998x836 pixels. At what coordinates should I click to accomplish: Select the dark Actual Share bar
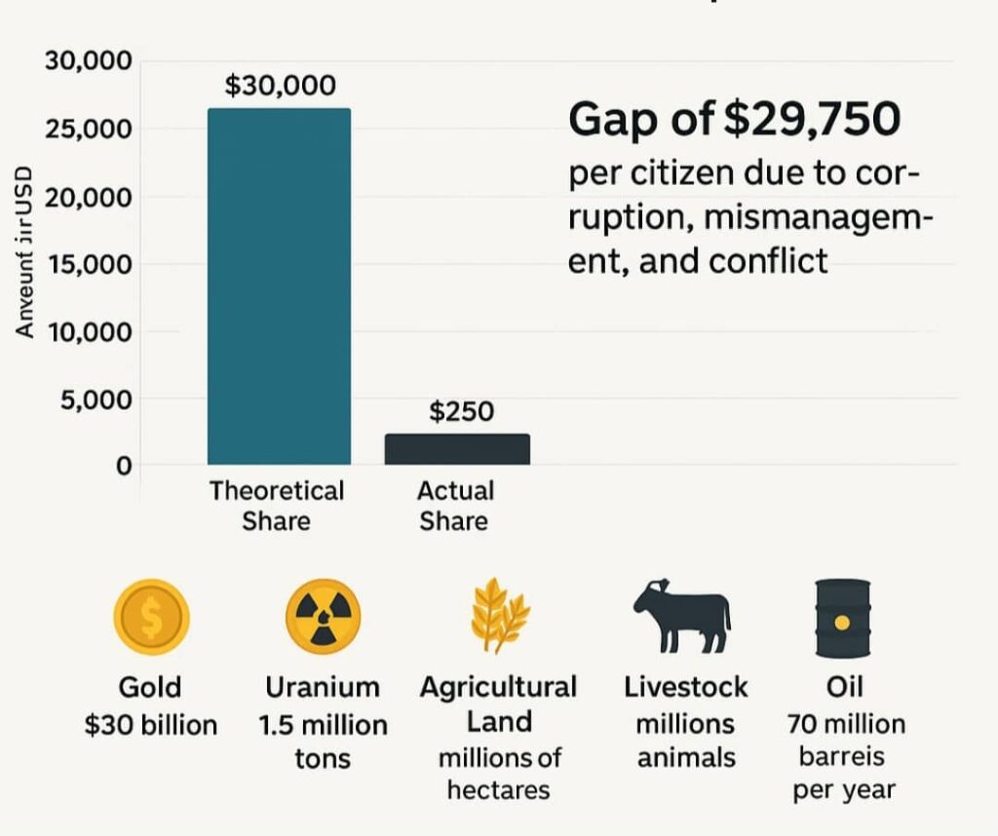coord(457,449)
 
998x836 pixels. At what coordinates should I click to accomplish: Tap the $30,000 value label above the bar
coord(280,86)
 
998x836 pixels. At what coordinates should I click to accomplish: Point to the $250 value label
coord(461,412)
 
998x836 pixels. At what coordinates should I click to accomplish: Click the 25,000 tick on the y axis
coord(88,130)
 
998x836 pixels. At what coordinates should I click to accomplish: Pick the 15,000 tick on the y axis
coord(88,264)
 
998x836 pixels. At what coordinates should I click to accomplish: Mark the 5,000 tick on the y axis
coord(95,399)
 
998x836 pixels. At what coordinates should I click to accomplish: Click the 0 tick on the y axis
coord(123,466)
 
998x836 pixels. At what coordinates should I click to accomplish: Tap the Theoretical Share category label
coord(277,505)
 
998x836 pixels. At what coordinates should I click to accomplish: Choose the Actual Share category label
coord(455,505)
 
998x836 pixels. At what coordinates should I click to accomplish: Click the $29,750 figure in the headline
coord(812,120)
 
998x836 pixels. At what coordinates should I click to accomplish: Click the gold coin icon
coord(150,617)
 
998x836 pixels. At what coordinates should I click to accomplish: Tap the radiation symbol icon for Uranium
coord(323,617)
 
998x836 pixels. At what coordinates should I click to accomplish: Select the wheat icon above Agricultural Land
coord(499,616)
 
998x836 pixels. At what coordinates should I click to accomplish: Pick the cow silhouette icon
coord(681,616)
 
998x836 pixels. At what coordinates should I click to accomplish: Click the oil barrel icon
coord(842,617)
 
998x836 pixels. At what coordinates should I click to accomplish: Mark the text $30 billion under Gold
coord(151,725)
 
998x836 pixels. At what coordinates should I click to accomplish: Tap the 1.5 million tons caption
coord(323,741)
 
